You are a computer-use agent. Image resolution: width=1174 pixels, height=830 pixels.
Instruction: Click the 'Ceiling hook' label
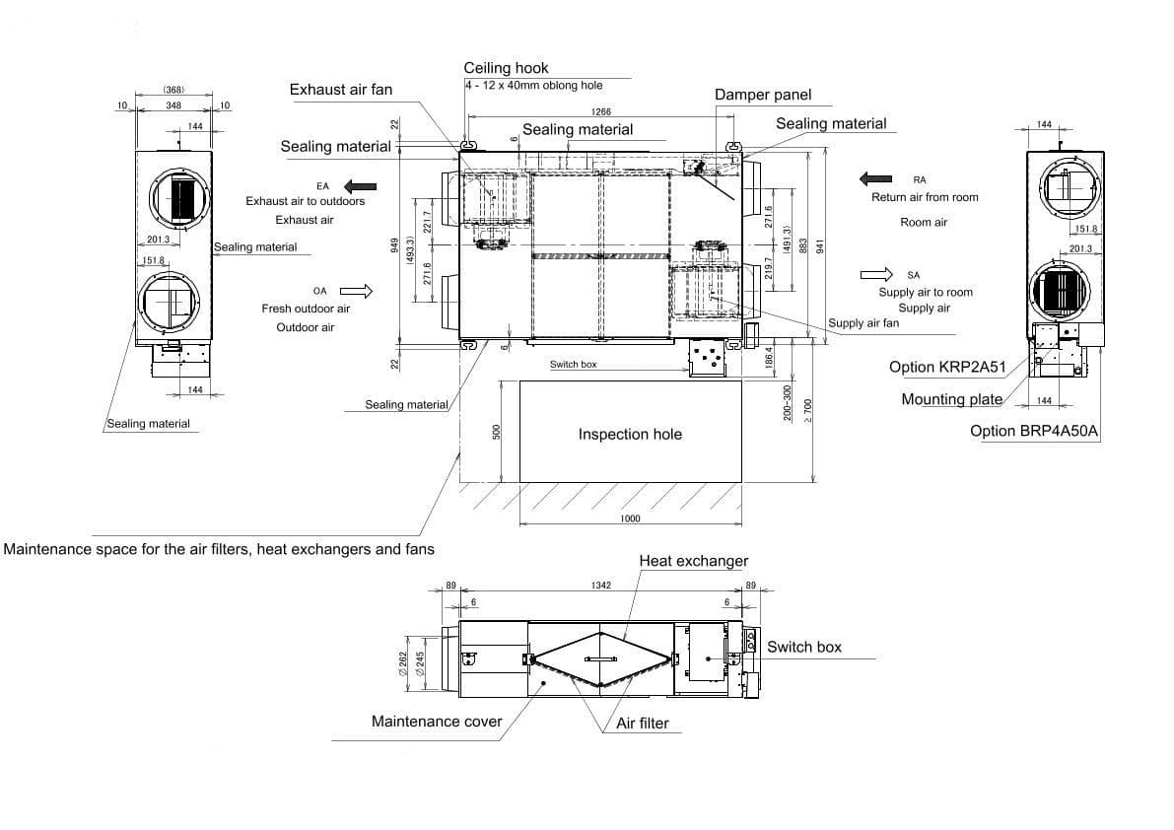pos(506,68)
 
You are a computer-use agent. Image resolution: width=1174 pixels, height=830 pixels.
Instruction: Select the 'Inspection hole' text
pos(630,434)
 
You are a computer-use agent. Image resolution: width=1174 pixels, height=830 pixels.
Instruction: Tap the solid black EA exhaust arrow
pos(360,186)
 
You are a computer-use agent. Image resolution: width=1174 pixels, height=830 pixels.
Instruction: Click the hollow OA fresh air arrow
pos(357,291)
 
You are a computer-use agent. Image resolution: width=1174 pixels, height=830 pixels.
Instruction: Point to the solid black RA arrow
pos(875,178)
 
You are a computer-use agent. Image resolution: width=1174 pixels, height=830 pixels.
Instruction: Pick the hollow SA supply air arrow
pos(876,275)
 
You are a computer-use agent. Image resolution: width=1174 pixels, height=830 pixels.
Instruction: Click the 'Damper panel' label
pos(763,95)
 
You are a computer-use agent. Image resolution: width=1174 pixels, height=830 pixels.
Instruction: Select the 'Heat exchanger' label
pos(693,561)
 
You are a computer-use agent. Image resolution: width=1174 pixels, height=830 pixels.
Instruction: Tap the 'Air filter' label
pos(643,724)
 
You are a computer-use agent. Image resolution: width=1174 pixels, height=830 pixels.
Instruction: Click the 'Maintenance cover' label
pos(437,722)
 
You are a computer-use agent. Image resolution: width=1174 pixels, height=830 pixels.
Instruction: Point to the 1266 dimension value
pos(601,111)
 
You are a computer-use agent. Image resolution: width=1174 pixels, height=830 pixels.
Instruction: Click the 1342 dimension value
pos(601,586)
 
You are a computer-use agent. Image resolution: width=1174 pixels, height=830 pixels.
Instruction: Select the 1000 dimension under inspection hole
pos(631,519)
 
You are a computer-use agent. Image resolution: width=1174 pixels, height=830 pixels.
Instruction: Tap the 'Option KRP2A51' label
pos(947,368)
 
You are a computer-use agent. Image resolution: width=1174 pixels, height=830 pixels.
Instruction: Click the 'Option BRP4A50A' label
pos(1034,431)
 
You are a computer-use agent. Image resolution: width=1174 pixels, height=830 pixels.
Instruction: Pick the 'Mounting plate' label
pos(951,399)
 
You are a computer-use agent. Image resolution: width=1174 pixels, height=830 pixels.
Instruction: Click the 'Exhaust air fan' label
pos(341,90)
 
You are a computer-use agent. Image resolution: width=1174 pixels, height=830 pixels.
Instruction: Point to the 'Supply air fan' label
pos(863,323)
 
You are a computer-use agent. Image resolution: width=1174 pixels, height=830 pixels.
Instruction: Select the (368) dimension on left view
pos(173,90)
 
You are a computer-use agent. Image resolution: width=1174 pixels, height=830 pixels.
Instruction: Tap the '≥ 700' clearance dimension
pos(807,410)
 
